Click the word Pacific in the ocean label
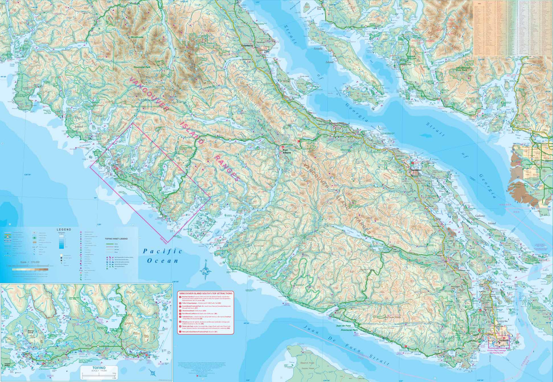pyautogui.click(x=163, y=251)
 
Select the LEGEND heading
pyautogui.click(x=64, y=230)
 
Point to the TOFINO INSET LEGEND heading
pyautogui.click(x=116, y=239)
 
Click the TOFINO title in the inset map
pyautogui.click(x=99, y=368)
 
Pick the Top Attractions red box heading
pyautogui.click(x=206, y=293)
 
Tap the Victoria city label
pyautogui.click(x=504, y=340)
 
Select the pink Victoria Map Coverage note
pyautogui.click(x=496, y=351)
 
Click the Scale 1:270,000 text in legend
pyautogui.click(x=29, y=262)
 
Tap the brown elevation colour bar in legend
pyautogui.click(x=30, y=269)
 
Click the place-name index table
pyautogui.click(x=512, y=28)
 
